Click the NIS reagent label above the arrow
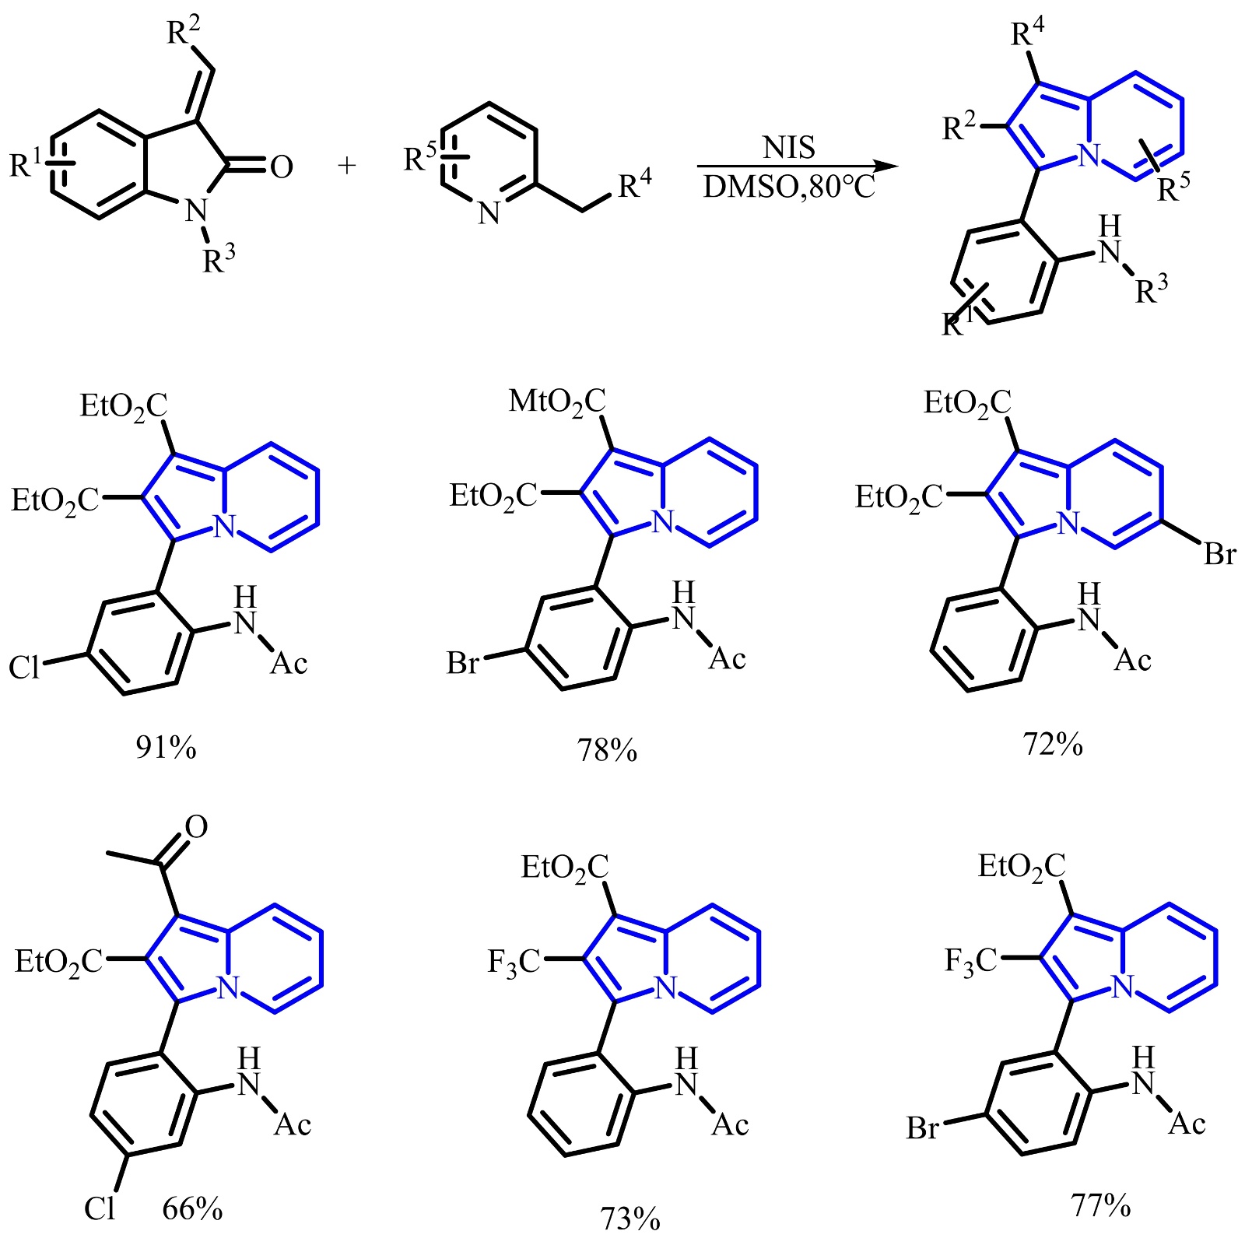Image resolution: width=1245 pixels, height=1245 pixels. click(x=789, y=147)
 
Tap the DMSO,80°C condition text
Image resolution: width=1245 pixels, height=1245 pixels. click(x=789, y=187)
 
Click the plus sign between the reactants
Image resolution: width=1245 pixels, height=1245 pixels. click(x=347, y=165)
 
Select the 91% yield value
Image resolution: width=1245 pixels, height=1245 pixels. click(x=166, y=747)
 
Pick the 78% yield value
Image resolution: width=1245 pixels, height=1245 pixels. click(x=607, y=751)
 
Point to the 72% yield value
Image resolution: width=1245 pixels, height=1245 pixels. click(x=1053, y=745)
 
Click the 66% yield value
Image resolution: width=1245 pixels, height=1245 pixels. click(x=192, y=1209)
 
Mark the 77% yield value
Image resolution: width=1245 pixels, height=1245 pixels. click(x=1101, y=1206)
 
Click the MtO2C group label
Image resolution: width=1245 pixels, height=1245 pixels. click(x=556, y=402)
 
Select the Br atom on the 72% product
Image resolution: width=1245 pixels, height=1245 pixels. click(x=1219, y=554)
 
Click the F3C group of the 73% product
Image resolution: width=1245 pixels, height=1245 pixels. click(x=513, y=962)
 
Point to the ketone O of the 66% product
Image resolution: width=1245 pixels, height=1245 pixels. click(x=196, y=827)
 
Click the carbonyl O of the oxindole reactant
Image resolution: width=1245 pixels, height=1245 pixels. click(x=281, y=167)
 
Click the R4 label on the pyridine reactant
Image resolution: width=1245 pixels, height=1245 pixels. click(x=634, y=185)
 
